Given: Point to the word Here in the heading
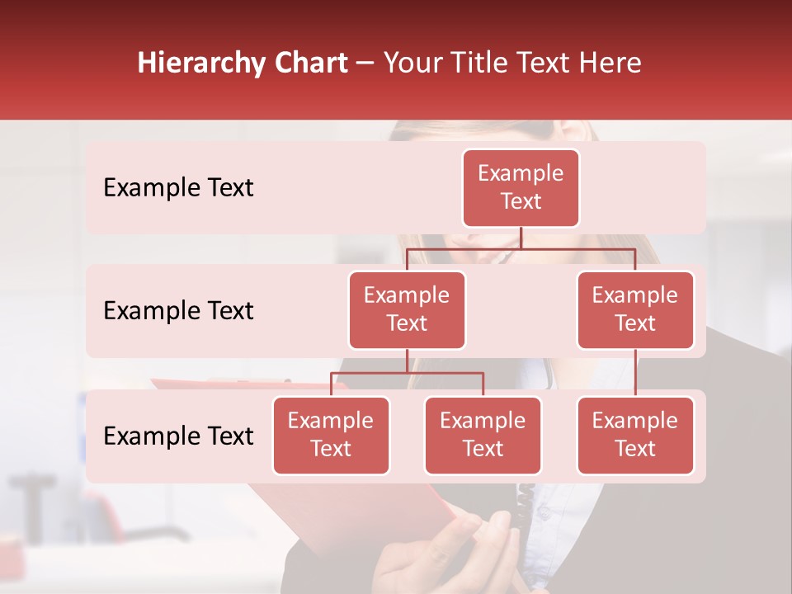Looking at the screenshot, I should point(610,64).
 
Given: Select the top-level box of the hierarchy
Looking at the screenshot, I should point(521,188).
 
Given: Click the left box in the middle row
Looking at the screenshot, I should point(407,309).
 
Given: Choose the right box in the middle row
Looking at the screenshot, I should point(635,309).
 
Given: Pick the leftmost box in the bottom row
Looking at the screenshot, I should point(331,435).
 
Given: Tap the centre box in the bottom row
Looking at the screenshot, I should point(483,435).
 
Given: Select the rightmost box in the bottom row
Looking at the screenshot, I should point(635,435).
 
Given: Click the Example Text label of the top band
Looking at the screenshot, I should point(178,188).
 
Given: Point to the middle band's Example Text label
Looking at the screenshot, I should point(178,311).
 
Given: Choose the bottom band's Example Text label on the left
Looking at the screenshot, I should point(178,436).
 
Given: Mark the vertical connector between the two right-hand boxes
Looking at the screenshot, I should point(635,372).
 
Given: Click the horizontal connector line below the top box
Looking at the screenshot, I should point(521,248).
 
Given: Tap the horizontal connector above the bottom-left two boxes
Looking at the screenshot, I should point(407,373).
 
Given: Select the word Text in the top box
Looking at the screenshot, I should point(521,201).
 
